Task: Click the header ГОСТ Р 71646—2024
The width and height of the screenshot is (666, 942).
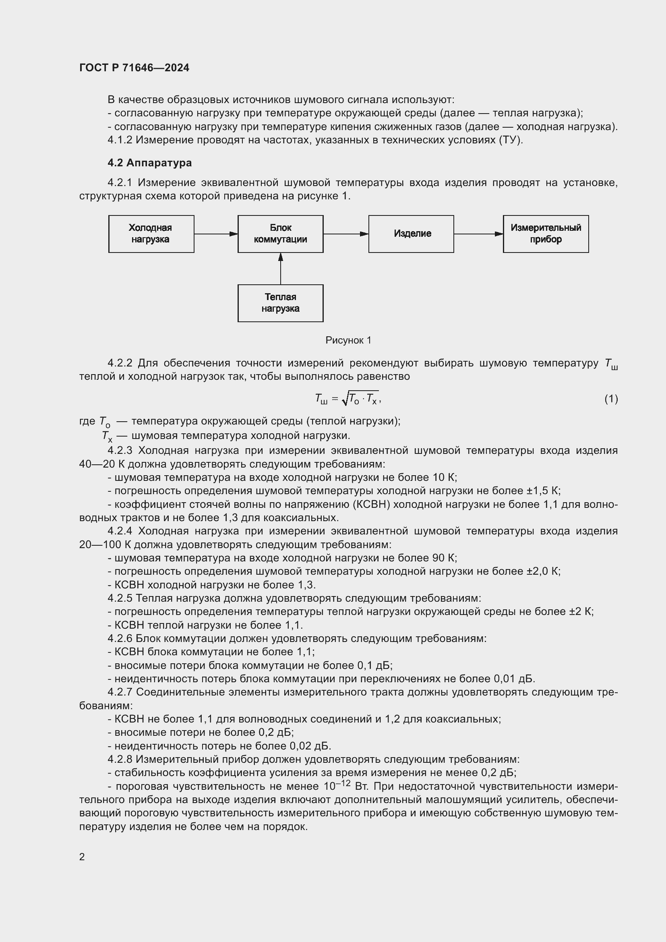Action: tap(134, 68)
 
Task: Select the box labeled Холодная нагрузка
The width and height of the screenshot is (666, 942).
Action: tap(151, 234)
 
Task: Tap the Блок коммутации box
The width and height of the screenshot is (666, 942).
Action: tap(281, 234)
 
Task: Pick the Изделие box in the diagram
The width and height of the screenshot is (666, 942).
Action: tap(411, 234)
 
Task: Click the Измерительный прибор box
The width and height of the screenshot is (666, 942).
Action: tap(546, 234)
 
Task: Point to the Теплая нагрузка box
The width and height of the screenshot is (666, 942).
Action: tap(281, 303)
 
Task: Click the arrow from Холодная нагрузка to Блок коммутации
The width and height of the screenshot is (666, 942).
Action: tap(216, 234)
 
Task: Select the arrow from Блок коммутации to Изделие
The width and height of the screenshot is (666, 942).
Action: tap(346, 234)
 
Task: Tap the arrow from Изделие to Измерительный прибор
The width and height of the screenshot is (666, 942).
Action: tap(478, 234)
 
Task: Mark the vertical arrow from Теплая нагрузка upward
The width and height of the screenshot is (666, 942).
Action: tap(281, 269)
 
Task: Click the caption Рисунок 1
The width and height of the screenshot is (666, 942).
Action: tap(348, 340)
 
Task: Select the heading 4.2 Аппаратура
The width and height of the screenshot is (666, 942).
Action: tap(150, 163)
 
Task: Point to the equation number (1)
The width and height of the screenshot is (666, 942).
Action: tap(611, 399)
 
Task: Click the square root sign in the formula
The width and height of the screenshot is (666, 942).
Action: tap(345, 399)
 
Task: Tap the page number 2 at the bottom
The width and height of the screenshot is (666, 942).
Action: tap(82, 857)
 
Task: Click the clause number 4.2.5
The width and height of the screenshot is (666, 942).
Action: tap(120, 598)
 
